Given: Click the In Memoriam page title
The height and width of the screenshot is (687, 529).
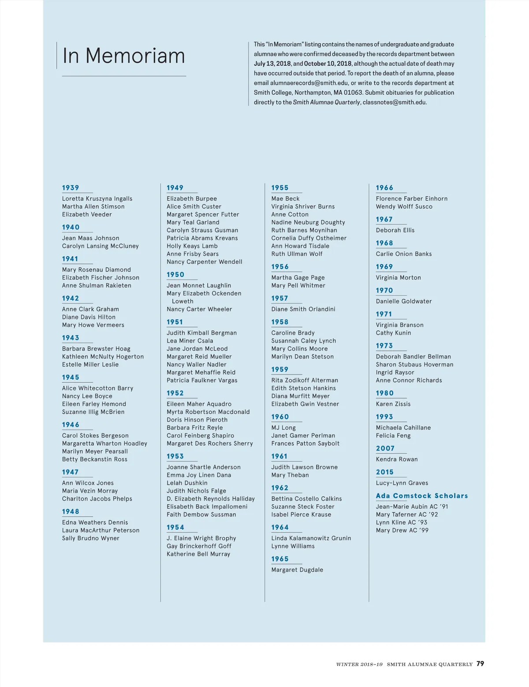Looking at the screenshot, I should pyautogui.click(x=123, y=56).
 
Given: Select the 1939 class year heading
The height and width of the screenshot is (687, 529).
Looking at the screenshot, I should pyautogui.click(x=71, y=188).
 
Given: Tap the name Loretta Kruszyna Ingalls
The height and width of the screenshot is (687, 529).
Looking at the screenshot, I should pyautogui.click(x=97, y=199).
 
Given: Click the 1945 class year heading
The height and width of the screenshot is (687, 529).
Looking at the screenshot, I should pyautogui.click(x=71, y=377).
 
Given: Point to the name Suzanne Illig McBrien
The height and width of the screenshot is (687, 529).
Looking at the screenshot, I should pyautogui.click(x=93, y=412).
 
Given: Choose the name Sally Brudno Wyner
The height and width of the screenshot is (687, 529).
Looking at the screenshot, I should pyautogui.click(x=90, y=538).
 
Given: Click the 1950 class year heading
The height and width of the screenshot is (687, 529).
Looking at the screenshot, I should pyautogui.click(x=175, y=275).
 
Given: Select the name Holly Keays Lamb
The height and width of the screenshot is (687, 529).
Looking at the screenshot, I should pyautogui.click(x=192, y=246).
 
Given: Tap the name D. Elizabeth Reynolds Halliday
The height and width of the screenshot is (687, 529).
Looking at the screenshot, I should pyautogui.click(x=210, y=499).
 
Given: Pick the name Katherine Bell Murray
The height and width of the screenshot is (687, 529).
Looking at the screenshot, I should pyautogui.click(x=198, y=554).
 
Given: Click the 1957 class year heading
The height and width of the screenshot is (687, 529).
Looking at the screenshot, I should pyautogui.click(x=279, y=299).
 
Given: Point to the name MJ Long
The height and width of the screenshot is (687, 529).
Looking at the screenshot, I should pyautogui.click(x=283, y=428).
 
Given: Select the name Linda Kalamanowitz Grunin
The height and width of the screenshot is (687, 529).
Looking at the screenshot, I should pyautogui.click(x=311, y=538).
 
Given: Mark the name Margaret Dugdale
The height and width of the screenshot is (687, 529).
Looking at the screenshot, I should pyautogui.click(x=297, y=570).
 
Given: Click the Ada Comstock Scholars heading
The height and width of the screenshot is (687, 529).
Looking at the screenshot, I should pyautogui.click(x=421, y=496).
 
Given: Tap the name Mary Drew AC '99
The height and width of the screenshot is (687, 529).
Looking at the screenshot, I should pyautogui.click(x=402, y=530).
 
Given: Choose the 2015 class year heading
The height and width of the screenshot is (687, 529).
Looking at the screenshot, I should pyautogui.click(x=384, y=472).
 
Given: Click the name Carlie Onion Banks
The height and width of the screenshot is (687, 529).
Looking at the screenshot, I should pyautogui.click(x=403, y=254).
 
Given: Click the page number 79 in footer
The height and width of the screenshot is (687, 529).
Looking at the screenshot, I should pyautogui.click(x=480, y=664).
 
